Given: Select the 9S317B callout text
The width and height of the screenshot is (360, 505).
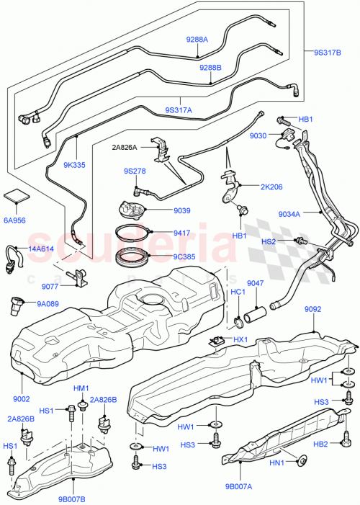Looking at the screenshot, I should tap(329, 52).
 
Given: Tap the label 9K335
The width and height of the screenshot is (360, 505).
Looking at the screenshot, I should tap(73, 164).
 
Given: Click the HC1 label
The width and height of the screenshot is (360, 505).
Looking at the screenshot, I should tap(238, 292).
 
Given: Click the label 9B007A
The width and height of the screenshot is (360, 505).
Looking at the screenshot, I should tap(237, 486).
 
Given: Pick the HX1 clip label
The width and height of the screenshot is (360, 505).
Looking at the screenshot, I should tap(241, 339).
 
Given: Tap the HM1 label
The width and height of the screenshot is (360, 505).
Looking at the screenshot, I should tap(81, 388).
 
